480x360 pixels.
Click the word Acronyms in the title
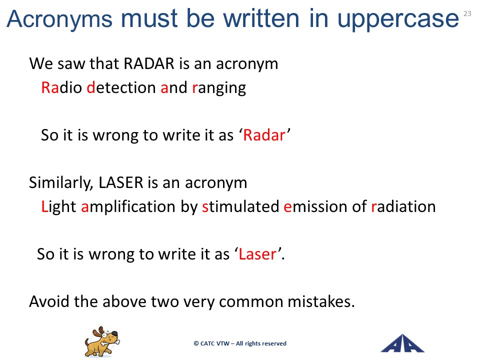coord(59,19)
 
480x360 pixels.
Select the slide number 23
coord(467,13)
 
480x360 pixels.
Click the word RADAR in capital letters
coord(149,63)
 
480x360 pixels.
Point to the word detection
coord(121,87)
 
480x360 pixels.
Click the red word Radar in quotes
coord(264,135)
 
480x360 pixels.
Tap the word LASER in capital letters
coord(121,182)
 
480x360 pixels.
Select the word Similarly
coord(61,183)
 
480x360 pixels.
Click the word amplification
coord(128,207)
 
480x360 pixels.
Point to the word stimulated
coord(240,206)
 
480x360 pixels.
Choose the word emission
coord(316,206)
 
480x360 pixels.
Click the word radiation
coord(403,206)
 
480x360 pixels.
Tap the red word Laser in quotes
coord(257,254)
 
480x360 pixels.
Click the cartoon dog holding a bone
coord(102,341)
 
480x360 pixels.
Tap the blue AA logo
coord(402,343)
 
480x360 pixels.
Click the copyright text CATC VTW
coord(214,343)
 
